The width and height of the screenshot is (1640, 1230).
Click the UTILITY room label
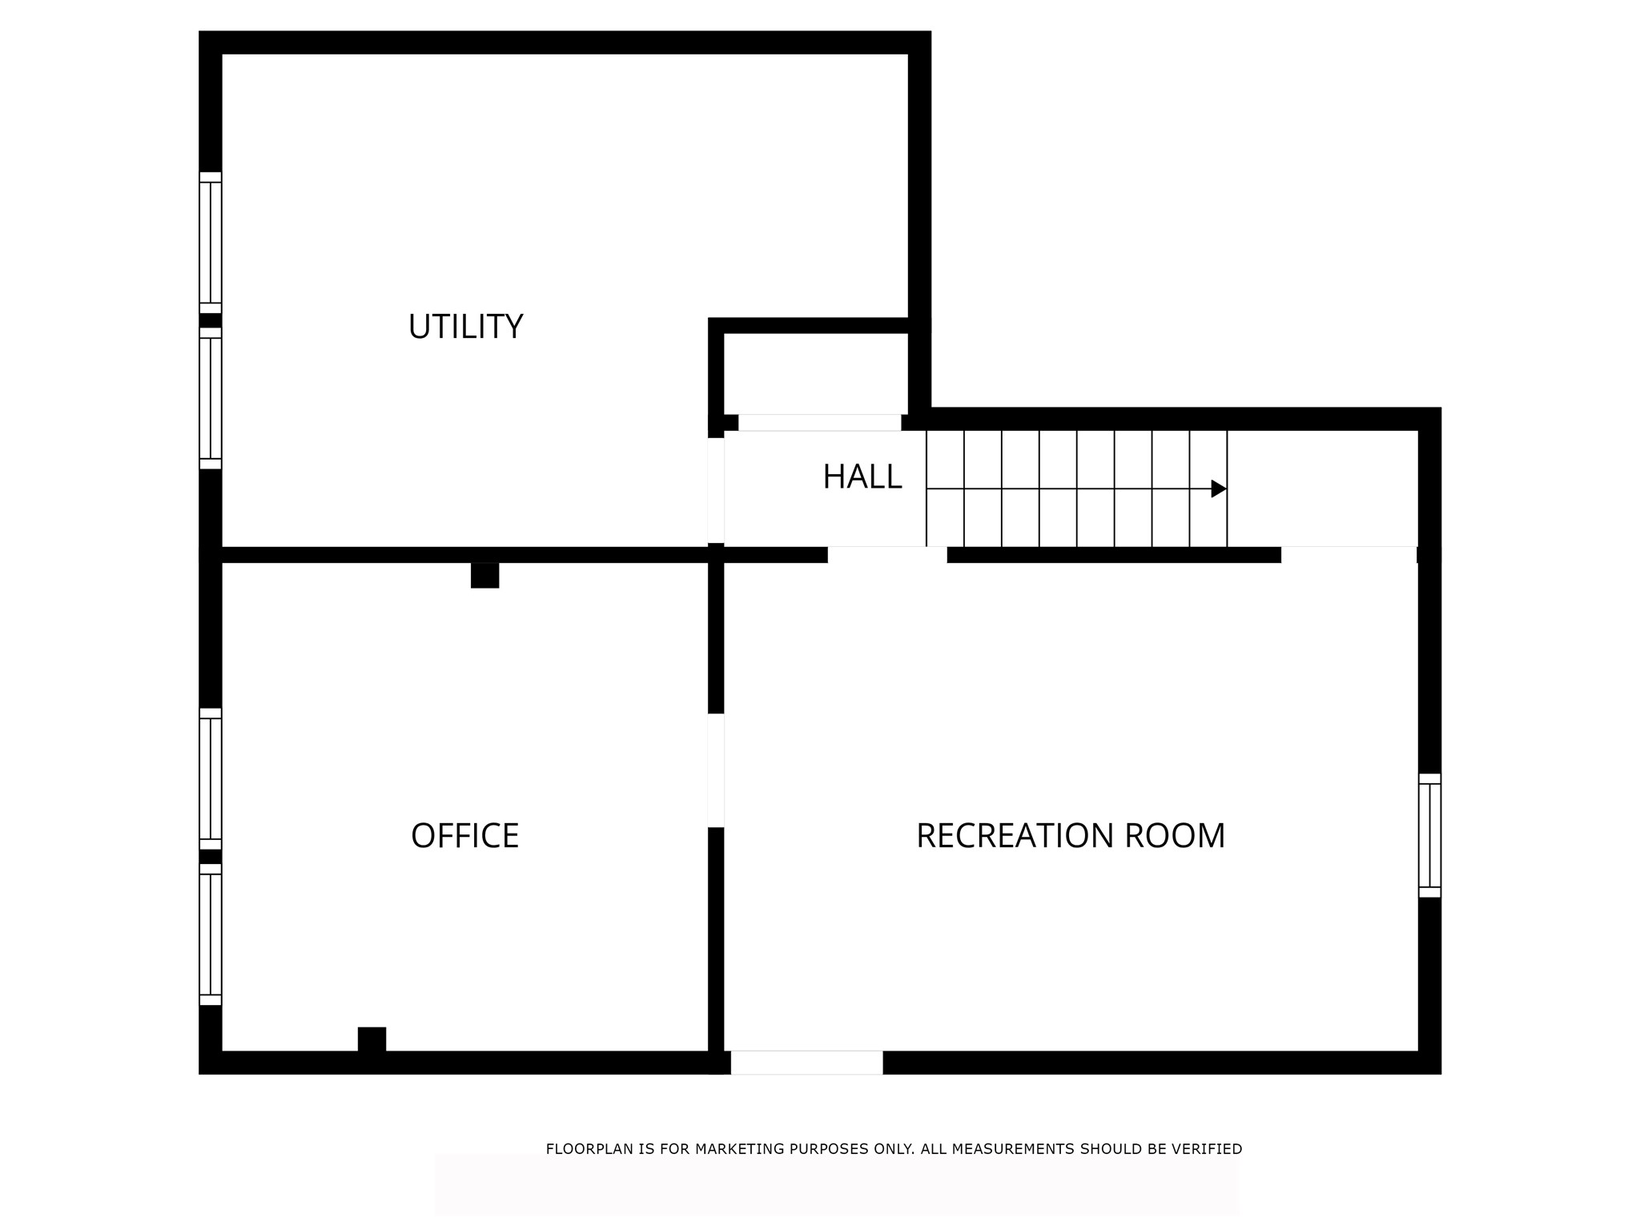click(465, 327)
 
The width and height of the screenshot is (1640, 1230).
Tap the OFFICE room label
click(465, 836)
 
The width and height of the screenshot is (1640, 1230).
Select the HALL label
click(862, 477)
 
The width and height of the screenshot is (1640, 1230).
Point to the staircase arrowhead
click(1219, 488)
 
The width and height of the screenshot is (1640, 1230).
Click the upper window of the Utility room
click(211, 243)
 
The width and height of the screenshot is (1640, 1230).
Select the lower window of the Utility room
click(211, 398)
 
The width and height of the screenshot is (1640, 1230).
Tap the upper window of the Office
click(211, 778)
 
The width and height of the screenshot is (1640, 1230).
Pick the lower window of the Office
click(211, 935)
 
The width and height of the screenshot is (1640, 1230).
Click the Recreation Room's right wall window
click(1429, 835)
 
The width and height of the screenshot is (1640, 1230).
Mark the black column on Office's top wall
click(484, 575)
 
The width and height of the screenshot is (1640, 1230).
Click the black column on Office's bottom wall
click(372, 1039)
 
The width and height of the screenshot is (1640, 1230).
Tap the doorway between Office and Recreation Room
click(716, 770)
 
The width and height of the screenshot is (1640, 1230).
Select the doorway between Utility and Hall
click(716, 490)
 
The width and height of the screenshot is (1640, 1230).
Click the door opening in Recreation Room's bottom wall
click(806, 1063)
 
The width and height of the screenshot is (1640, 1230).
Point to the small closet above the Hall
click(816, 373)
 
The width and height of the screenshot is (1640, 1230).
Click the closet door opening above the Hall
click(820, 423)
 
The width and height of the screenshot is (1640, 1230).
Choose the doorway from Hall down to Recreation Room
click(887, 555)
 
